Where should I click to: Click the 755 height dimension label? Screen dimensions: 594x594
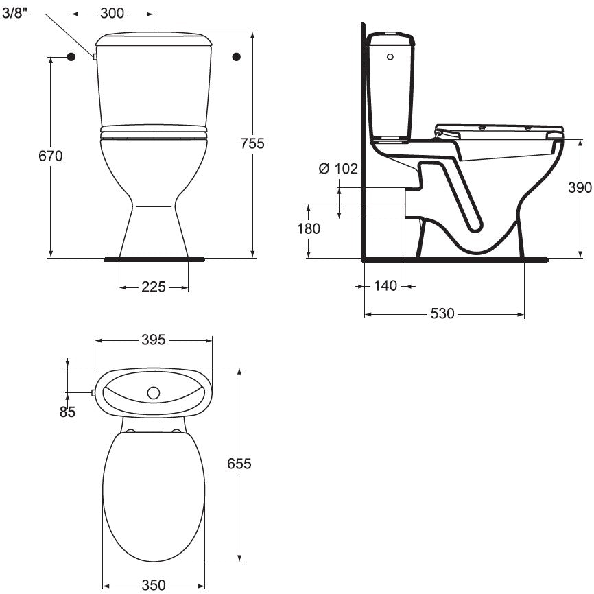coord(252,143)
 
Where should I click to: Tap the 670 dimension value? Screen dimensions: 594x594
coord(50,156)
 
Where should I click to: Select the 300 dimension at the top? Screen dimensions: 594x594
coord(112,13)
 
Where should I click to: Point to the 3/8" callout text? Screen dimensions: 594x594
coord(15,13)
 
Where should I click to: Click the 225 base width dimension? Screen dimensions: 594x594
coord(154,287)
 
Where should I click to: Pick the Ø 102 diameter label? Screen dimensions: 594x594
coord(338,169)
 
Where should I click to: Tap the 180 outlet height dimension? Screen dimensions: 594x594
coord(309,228)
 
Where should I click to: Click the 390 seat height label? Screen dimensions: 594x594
coord(580,187)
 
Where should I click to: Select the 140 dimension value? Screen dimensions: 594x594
coord(385,285)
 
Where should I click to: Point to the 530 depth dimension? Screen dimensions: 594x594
coord(442,313)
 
